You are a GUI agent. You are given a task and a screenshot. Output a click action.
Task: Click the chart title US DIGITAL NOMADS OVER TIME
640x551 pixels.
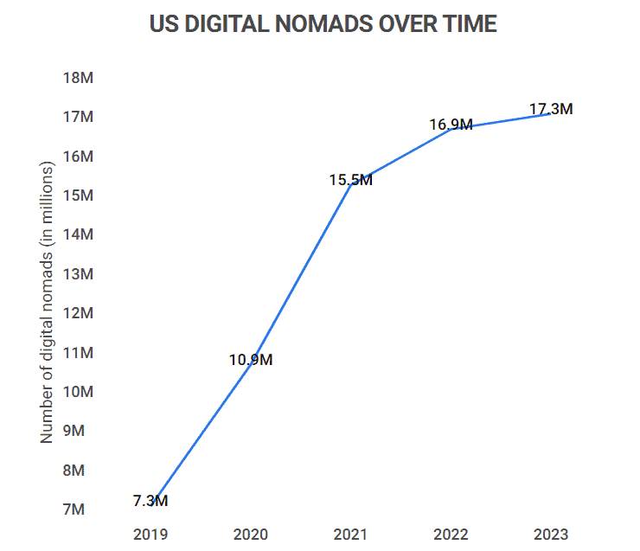pyautogui.click(x=323, y=24)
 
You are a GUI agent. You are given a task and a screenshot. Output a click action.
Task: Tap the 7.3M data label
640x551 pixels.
pyautogui.click(x=150, y=501)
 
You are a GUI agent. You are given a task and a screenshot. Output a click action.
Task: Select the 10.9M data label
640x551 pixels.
pyautogui.click(x=251, y=360)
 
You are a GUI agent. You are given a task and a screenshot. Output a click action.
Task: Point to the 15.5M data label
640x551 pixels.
pyautogui.click(x=350, y=180)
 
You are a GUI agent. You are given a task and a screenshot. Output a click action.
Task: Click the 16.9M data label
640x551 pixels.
pyautogui.click(x=451, y=125)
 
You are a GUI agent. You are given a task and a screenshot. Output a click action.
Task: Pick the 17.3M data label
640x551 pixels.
pyautogui.click(x=551, y=109)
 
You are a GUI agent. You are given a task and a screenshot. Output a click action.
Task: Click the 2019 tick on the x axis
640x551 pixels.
pyautogui.click(x=150, y=534)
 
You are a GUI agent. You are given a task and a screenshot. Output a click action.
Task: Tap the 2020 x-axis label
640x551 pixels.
pyautogui.click(x=251, y=534)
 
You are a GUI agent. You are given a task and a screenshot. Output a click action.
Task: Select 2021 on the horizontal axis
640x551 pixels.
pyautogui.click(x=350, y=534)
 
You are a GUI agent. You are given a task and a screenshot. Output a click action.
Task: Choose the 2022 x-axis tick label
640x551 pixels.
pyautogui.click(x=451, y=534)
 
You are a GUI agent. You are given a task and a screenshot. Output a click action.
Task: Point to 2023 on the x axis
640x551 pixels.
pyautogui.click(x=551, y=534)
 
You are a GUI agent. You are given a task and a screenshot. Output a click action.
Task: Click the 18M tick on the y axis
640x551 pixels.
pyautogui.click(x=79, y=78)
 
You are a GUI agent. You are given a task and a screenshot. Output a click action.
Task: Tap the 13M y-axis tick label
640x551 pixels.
pyautogui.click(x=79, y=274)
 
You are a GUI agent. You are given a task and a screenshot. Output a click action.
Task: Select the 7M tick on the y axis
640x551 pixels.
pyautogui.click(x=79, y=509)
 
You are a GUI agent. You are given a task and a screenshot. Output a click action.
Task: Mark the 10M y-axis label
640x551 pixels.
pyautogui.click(x=79, y=392)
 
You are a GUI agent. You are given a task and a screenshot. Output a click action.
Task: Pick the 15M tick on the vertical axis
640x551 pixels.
pyautogui.click(x=79, y=195)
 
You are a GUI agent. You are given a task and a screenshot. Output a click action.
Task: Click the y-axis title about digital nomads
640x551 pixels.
pyautogui.click(x=47, y=303)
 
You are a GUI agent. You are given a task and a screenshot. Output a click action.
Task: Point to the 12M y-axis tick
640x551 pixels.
pyautogui.click(x=79, y=313)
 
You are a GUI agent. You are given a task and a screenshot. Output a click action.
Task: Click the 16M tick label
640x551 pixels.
pyautogui.click(x=79, y=157)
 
